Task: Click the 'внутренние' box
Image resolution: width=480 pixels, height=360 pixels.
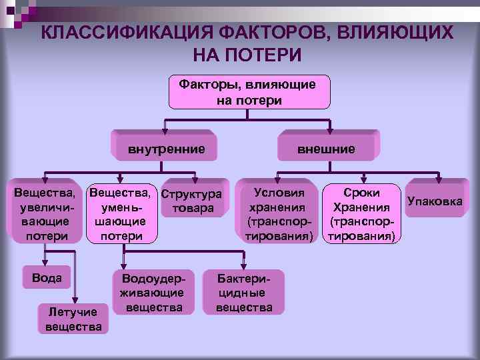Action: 166,148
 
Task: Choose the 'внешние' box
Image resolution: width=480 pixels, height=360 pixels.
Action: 326,148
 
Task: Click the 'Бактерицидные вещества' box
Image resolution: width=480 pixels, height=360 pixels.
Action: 244,291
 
